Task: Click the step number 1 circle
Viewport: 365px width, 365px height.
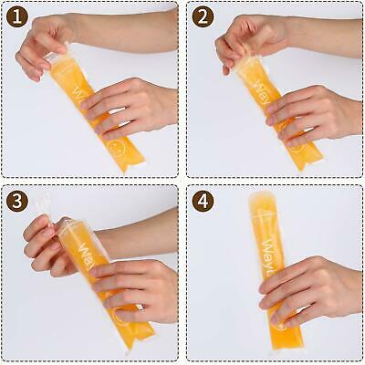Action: point(16,16)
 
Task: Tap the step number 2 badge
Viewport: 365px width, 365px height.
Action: point(203,16)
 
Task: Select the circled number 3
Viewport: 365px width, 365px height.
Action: point(16,201)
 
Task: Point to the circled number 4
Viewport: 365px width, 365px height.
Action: point(203,201)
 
